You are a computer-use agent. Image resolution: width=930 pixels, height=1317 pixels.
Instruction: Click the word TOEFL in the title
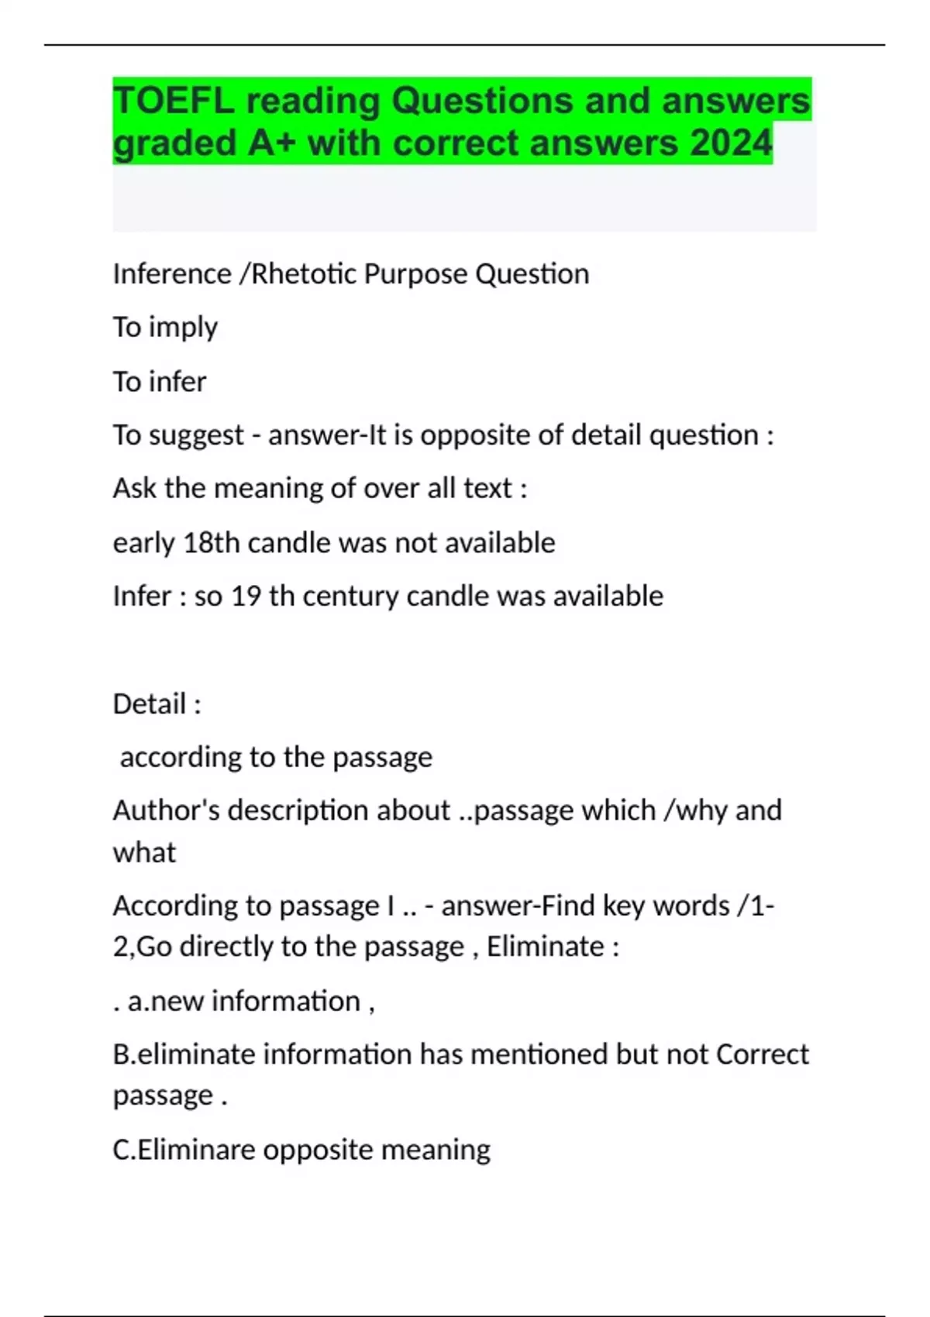[173, 101]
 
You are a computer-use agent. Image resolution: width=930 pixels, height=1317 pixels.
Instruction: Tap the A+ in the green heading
[271, 143]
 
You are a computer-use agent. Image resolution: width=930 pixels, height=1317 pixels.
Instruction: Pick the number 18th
[212, 543]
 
